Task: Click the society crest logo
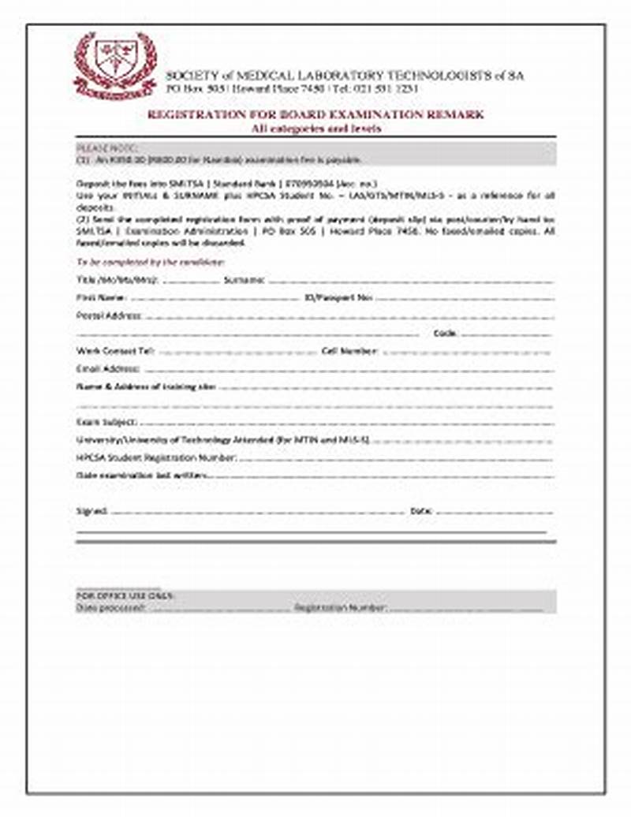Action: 114,65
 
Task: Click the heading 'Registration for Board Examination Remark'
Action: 315,115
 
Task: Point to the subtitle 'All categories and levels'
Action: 315,129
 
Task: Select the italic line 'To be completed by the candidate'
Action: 151,262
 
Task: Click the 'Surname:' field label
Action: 244,280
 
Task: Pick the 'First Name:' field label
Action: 101,298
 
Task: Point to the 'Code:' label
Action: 446,333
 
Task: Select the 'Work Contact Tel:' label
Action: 115,351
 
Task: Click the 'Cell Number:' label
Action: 350,351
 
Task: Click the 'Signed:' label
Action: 91,511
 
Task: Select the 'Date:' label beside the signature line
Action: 421,511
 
